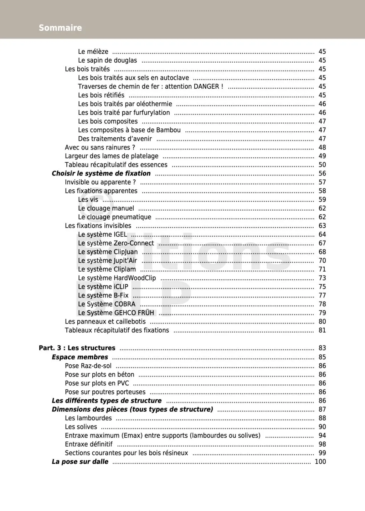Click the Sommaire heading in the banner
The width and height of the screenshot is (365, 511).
60,28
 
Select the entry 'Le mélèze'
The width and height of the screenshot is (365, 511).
93,52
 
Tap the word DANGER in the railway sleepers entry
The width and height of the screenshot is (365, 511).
206,86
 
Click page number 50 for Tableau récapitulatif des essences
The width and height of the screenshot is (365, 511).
322,165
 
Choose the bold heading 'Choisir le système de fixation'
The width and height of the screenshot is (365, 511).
101,173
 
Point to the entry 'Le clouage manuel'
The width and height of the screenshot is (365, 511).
106,208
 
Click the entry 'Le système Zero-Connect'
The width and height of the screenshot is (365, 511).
116,243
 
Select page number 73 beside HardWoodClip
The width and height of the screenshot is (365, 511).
322,278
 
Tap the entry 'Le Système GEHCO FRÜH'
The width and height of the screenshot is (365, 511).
116,313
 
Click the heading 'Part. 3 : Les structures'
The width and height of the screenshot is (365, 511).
77,348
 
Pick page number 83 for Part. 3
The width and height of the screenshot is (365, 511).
322,348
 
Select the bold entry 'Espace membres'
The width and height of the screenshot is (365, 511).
80,357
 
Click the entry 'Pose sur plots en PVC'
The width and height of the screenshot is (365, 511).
97,383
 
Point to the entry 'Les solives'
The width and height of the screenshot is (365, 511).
81,427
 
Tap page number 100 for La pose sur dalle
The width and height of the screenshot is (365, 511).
320,462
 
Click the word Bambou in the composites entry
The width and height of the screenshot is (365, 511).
168,130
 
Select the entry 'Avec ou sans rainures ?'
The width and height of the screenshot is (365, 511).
100,147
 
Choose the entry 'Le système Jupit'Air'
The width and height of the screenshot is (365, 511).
107,260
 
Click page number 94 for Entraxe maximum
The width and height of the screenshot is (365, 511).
322,436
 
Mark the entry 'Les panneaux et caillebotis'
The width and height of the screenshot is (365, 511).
105,321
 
